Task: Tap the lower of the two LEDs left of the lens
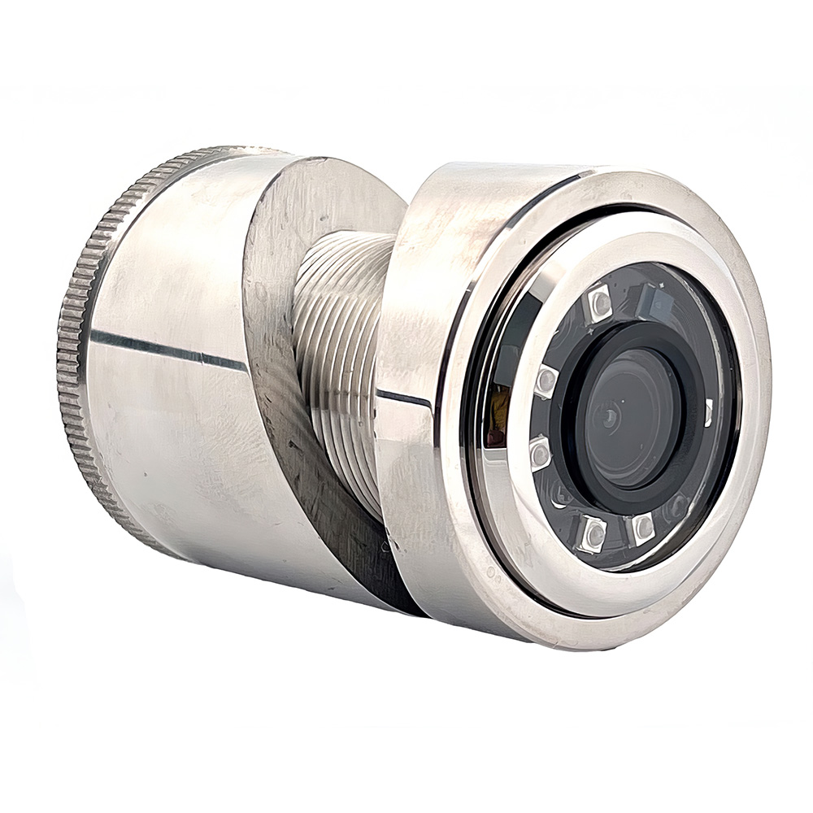pyautogui.click(x=540, y=453)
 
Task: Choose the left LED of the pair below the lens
pyautogui.click(x=593, y=533)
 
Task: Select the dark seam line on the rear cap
pyautogui.click(x=163, y=347)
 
